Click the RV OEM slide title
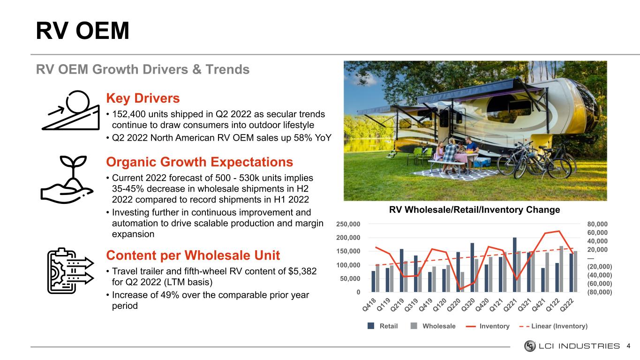coord(83,30)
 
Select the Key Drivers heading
coord(143,98)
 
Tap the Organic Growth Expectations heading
coord(199,162)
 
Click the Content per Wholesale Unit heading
coord(193,255)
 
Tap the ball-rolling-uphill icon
coord(71,110)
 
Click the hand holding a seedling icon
coord(67,180)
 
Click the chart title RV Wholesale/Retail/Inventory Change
coord(474,210)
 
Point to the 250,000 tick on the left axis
coord(348,224)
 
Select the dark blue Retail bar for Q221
coord(514,264)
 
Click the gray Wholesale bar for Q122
coord(561,269)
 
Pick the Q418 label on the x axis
coord(369,304)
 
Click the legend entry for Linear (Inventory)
coord(553,326)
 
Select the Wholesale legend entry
coord(433,326)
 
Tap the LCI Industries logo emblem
coord(530,346)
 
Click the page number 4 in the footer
coord(628,346)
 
